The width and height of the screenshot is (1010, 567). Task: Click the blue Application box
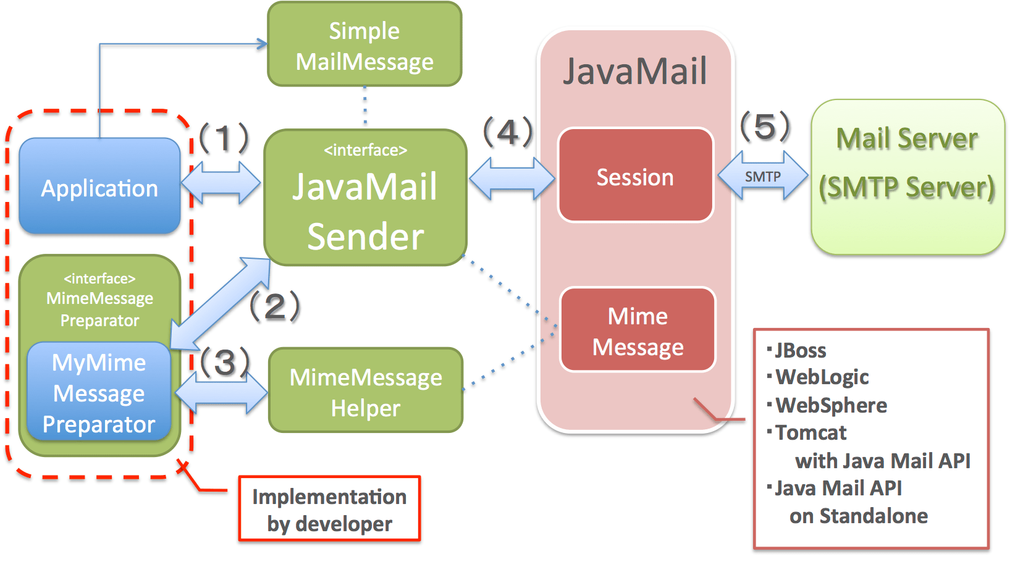tap(99, 187)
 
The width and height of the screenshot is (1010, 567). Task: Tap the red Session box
tap(635, 176)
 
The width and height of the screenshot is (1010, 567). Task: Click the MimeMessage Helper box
tap(366, 392)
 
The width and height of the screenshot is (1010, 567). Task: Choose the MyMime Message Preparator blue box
tap(99, 393)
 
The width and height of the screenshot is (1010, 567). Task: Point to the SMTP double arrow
tap(763, 177)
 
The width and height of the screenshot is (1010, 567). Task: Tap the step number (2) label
tap(274, 306)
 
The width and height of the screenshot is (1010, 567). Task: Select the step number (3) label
tap(224, 361)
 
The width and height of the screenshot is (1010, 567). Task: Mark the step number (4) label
tap(508, 132)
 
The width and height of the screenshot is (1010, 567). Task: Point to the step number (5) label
tap(765, 126)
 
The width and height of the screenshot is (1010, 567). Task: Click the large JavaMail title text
tap(635, 71)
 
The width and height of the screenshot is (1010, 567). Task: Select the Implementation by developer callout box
tap(329, 510)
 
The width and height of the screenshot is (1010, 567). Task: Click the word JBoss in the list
tap(800, 351)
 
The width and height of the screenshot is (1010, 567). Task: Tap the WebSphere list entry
tap(831, 405)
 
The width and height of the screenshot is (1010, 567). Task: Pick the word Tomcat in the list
tap(810, 433)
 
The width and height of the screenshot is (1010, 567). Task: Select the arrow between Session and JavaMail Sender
tap(511, 178)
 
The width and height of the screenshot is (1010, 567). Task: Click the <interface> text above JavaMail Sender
tap(365, 150)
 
